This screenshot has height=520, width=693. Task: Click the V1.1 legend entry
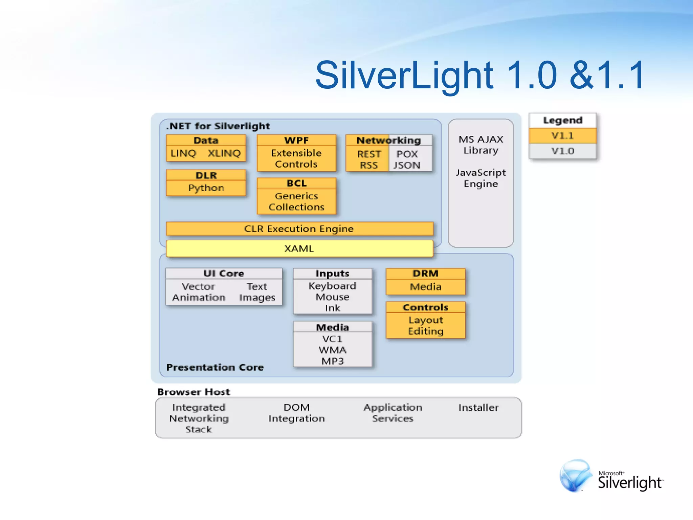[562, 136]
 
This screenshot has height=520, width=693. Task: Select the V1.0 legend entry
[562, 151]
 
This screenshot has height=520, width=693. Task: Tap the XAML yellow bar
[299, 249]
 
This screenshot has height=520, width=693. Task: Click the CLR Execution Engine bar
[299, 229]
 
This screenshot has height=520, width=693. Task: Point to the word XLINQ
[224, 153]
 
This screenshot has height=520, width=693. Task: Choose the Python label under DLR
[206, 188]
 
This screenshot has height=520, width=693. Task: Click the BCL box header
[296, 183]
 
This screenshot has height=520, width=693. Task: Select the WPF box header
[296, 140]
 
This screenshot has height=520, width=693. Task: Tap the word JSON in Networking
[407, 165]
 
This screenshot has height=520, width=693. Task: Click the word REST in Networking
[369, 154]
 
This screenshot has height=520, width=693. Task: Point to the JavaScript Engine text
[481, 178]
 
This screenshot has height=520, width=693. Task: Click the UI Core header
[224, 274]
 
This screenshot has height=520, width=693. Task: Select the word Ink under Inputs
[333, 308]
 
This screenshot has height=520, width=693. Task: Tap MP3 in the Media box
[333, 361]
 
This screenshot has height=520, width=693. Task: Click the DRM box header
[425, 274]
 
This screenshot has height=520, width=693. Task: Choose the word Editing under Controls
[425, 331]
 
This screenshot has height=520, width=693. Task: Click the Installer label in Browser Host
[478, 408]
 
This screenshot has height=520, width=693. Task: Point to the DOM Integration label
[296, 413]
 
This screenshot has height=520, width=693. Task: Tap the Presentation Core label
[215, 367]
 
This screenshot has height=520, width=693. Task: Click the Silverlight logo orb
[575, 476]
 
